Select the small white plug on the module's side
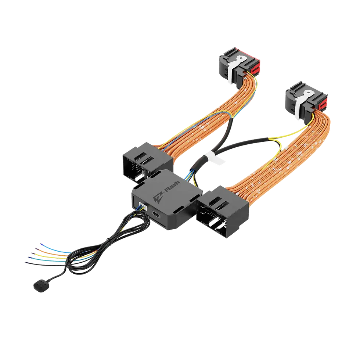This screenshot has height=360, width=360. [x=142, y=208]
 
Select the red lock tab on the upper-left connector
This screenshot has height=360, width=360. [x=257, y=68]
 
